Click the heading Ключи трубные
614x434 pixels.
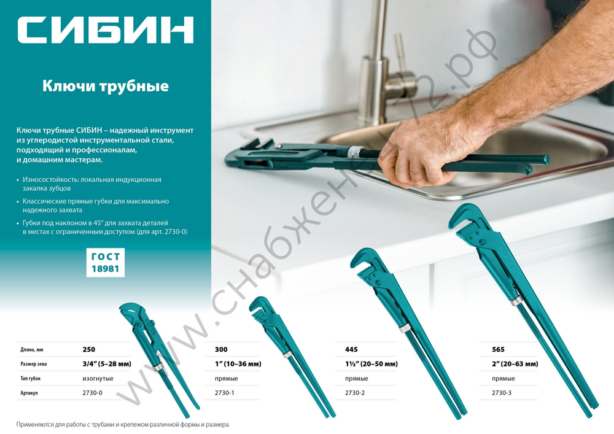[105, 87]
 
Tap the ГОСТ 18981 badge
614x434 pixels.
[105, 263]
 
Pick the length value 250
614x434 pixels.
[89, 349]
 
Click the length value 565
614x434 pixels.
[498, 349]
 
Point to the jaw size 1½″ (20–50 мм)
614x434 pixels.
[367, 364]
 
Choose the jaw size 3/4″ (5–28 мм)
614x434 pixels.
[107, 364]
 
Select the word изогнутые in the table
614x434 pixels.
[98, 379]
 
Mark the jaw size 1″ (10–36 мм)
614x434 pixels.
[238, 364]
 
